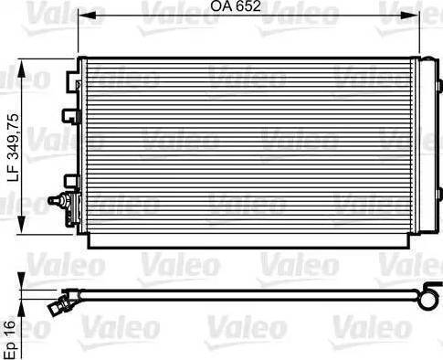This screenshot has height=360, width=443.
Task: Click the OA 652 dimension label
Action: tap(236, 6)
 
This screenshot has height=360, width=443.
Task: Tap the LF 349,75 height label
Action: tap(13, 148)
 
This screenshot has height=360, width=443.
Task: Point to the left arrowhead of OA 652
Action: tap(88, 16)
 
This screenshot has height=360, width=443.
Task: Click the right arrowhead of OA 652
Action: tap(410, 16)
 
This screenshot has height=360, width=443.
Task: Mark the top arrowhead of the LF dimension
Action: tap(21, 69)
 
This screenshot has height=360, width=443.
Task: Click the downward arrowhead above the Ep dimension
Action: tap(21, 282)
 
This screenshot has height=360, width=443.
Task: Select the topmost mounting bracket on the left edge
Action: tap(73, 80)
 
